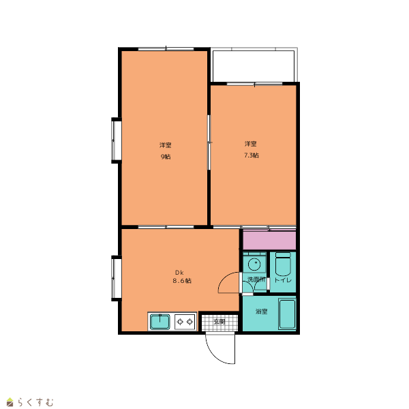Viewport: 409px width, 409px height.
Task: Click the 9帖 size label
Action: pyautogui.click(x=166, y=157)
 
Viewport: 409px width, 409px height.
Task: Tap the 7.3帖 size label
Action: pyautogui.click(x=252, y=155)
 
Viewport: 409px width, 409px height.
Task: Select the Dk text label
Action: pyautogui.click(x=179, y=273)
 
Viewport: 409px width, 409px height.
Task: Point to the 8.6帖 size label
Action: pyautogui.click(x=182, y=281)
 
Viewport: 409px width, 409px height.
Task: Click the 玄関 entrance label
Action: pyautogui.click(x=219, y=322)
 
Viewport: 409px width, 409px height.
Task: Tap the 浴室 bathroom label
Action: pyautogui.click(x=261, y=312)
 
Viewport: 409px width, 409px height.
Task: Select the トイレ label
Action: pyautogui.click(x=283, y=280)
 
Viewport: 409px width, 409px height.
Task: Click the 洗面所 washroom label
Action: pyautogui.click(x=256, y=279)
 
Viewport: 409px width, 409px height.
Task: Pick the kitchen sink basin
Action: pyautogui.click(x=160, y=322)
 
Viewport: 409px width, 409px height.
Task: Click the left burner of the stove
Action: pyautogui.click(x=180, y=322)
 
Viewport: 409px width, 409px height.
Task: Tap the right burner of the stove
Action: pyautogui.click(x=190, y=322)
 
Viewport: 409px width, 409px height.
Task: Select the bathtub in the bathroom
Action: pyautogui.click(x=287, y=314)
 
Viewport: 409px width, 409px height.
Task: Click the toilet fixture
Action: pyautogui.click(x=283, y=264)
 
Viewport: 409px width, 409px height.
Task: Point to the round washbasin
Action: pyautogui.click(x=254, y=264)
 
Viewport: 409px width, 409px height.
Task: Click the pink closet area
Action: pyautogui.click(x=269, y=240)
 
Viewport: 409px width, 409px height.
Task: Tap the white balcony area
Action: pyautogui.click(x=254, y=66)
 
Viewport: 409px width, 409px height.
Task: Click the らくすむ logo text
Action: pyautogui.click(x=35, y=402)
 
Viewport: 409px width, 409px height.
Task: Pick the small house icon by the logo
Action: pyautogui.click(x=10, y=402)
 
